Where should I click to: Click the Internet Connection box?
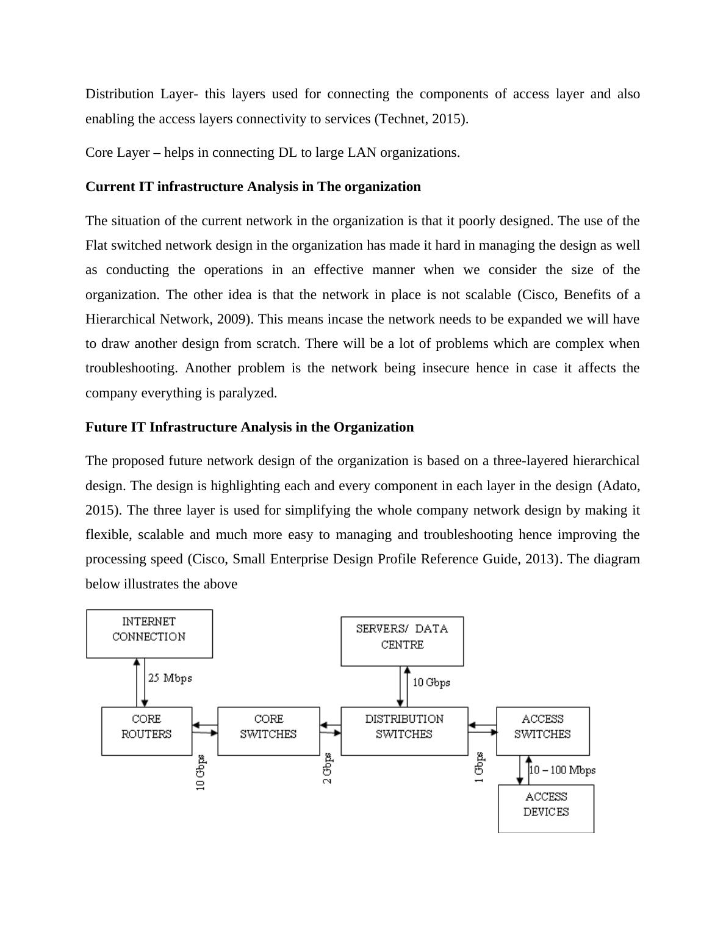tap(149, 633)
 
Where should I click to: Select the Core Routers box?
tap(146, 731)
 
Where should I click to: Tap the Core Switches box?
tap(268, 731)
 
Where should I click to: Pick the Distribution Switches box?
tap(404, 731)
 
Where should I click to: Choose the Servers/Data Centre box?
tap(402, 640)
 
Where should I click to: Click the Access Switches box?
tap(542, 731)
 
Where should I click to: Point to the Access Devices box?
tap(546, 808)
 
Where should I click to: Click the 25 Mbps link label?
tap(170, 678)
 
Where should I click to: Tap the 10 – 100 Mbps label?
tap(562, 770)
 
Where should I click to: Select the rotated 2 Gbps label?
tap(328, 768)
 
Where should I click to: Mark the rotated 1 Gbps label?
tap(480, 767)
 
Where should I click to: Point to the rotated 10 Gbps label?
tap(201, 773)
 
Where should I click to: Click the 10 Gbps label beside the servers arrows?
tap(431, 682)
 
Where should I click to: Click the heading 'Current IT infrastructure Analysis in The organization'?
tap(253, 187)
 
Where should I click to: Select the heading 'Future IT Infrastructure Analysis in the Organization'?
tap(249, 427)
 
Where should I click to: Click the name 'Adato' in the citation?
tap(619, 486)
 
